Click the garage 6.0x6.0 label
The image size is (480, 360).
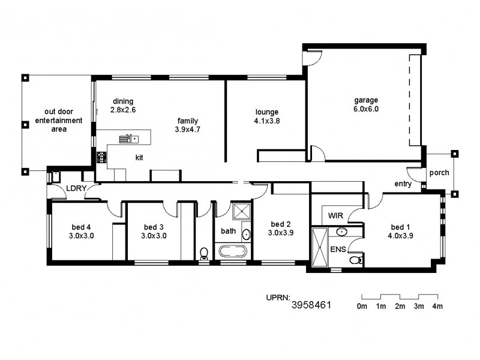pos(366,105)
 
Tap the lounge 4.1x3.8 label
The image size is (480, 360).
pos(267,116)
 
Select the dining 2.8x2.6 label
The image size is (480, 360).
pos(123,106)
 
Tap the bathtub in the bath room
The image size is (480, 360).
pos(233,251)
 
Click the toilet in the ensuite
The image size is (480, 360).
pos(355,259)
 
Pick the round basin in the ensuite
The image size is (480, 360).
pos(341,231)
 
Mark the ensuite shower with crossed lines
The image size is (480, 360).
pos(319,247)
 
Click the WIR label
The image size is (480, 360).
pos(334,215)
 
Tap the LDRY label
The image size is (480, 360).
pos(76,188)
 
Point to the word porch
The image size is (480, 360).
pos(439,173)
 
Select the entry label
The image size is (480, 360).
pos(403,184)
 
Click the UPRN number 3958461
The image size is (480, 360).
pos(311,305)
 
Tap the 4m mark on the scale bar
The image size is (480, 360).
pos(438,307)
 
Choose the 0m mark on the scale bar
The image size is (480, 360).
pos(362,307)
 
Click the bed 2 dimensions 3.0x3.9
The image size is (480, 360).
pos(280,233)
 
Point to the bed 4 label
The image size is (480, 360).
pos(81,227)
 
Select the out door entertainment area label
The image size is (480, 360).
pos(58,121)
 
